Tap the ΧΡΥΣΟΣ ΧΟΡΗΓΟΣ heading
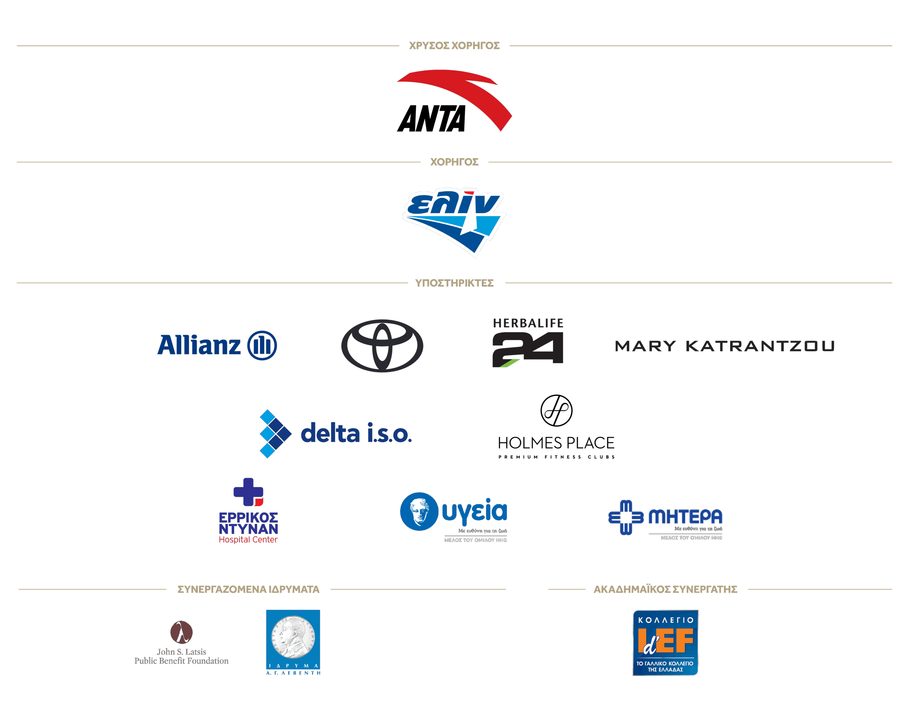pos(454,45)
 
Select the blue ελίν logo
pos(454,221)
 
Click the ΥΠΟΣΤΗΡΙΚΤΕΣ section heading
pos(454,283)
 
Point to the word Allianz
pos(199,346)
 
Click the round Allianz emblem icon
pos(262,346)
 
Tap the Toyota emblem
pos(382,346)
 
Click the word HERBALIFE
pos(528,323)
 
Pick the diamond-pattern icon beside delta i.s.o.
pos(275,434)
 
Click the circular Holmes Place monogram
pos(556,411)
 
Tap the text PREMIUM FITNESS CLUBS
pos(556,457)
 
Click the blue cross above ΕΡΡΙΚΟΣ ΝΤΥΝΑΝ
pos(248,492)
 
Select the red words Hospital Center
pos(248,539)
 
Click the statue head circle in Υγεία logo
pos(419,511)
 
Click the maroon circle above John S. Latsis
pos(181,632)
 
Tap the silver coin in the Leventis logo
pos(293,637)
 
